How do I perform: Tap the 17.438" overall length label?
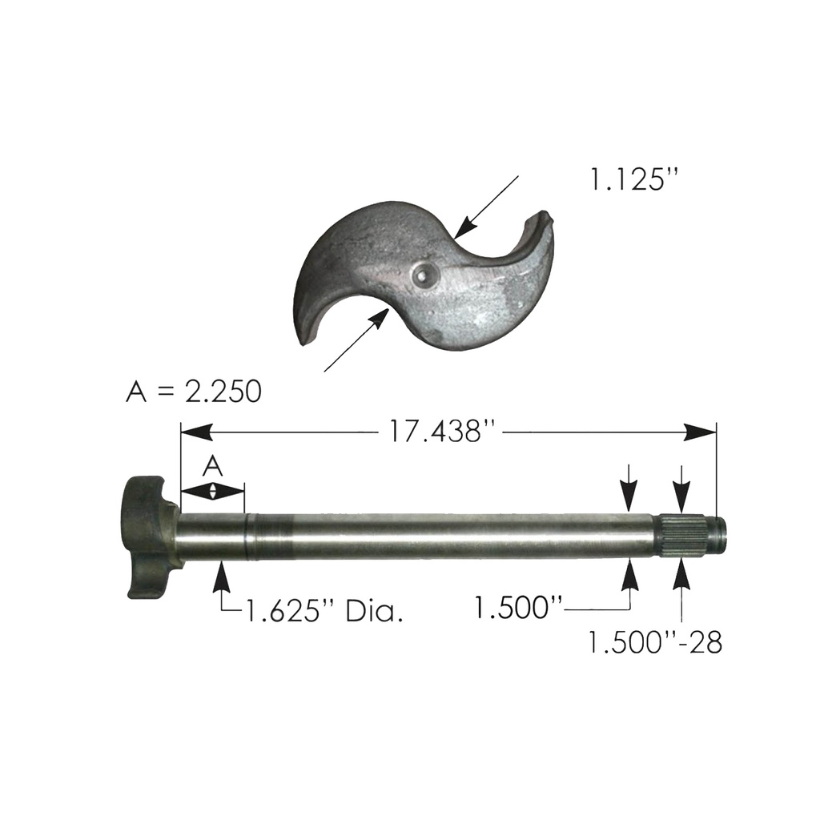click(x=444, y=432)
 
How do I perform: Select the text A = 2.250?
click(x=194, y=392)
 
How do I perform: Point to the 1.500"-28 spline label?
click(x=655, y=642)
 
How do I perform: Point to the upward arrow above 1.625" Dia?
click(x=221, y=575)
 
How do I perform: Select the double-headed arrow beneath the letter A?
click(x=212, y=491)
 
